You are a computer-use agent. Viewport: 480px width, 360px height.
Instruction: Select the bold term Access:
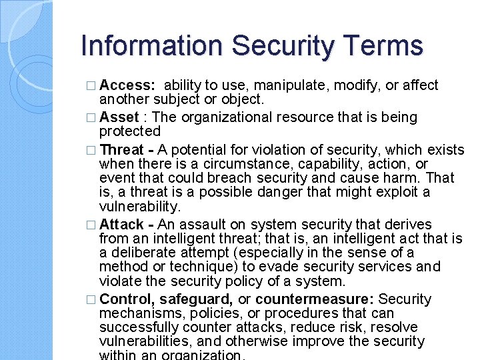point(128,85)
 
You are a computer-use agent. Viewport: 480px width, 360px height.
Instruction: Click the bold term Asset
point(119,117)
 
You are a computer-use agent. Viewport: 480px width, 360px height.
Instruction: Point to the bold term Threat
point(122,149)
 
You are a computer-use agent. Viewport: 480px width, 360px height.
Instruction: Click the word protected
point(130,131)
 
